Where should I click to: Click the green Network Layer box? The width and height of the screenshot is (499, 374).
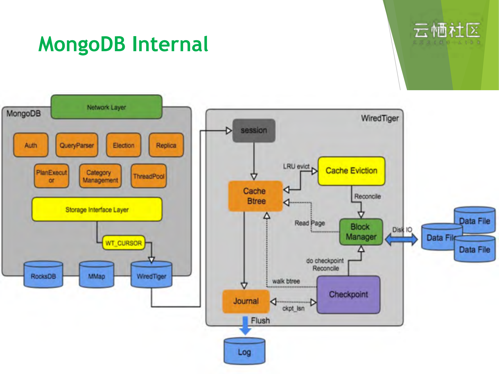coord(106,107)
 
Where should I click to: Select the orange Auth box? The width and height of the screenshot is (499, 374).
coord(31,145)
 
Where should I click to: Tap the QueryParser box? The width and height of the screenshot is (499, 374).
coord(77,145)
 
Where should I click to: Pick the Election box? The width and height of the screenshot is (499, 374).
coord(124,145)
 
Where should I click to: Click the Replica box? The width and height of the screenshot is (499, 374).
coord(166,145)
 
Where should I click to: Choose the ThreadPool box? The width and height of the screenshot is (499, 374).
coord(148,176)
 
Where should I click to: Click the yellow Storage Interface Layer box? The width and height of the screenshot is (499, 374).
coord(97,209)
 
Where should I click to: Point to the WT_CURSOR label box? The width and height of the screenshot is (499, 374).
coord(124,243)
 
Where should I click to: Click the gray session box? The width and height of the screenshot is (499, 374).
coord(254,130)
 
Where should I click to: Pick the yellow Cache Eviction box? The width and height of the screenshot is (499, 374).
coord(351,171)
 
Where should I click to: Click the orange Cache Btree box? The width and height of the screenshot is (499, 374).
coord(255,196)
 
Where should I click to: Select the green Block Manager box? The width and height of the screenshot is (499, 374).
coord(361,232)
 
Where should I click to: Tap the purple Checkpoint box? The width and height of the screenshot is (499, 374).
coord(348,294)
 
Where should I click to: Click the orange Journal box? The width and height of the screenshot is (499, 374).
coord(246,301)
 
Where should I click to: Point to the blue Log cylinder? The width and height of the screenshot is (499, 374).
coord(244,352)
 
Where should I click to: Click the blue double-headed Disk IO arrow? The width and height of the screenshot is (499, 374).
coord(401,240)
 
